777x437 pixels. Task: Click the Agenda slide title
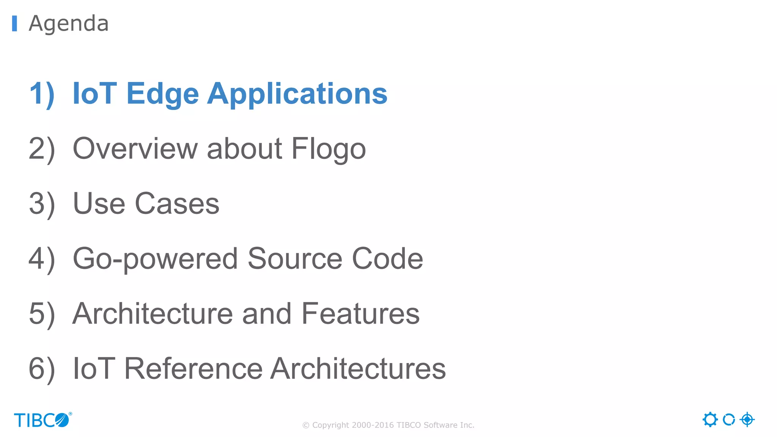click(x=69, y=24)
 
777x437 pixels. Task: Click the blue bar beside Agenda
click(x=14, y=24)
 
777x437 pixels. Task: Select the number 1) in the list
click(x=42, y=93)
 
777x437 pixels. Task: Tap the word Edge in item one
click(x=162, y=93)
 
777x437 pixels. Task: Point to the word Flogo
click(x=329, y=148)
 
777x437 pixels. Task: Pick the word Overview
click(x=135, y=148)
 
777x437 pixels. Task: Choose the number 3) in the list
click(x=42, y=204)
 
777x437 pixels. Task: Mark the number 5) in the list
click(x=42, y=314)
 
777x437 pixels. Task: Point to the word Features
click(x=360, y=314)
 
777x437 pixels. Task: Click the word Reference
click(x=193, y=369)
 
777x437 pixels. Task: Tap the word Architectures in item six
click(x=358, y=369)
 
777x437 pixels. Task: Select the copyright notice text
click(x=388, y=425)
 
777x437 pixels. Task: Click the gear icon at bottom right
click(x=710, y=420)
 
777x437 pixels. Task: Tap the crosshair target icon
click(x=747, y=420)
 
